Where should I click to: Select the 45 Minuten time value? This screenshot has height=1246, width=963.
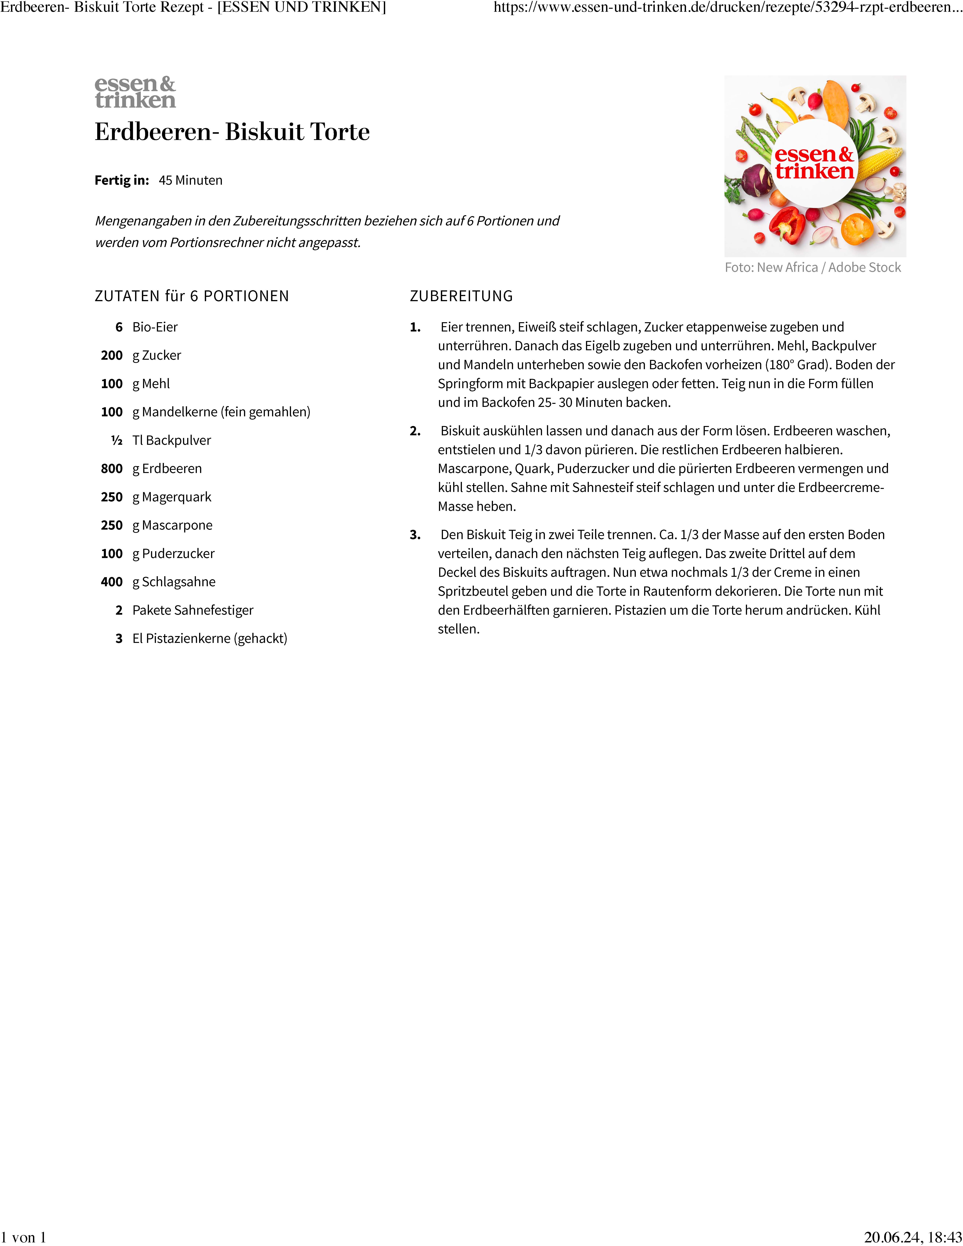pos(191,180)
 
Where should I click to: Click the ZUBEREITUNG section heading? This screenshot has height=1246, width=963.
pos(461,296)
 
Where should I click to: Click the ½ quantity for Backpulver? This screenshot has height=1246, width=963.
pos(117,440)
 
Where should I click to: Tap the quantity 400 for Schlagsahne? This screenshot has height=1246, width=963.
pos(112,582)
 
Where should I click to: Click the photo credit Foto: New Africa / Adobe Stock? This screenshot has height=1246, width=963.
pos(812,268)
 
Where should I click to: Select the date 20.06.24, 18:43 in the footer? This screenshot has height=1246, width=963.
pos(913,1237)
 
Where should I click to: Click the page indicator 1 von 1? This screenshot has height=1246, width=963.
pos(23,1237)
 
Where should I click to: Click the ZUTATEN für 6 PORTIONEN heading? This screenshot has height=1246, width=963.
pos(192,296)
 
